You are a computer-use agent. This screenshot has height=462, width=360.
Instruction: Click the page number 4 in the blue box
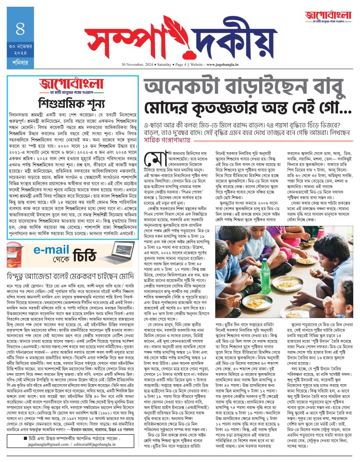(20, 28)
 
